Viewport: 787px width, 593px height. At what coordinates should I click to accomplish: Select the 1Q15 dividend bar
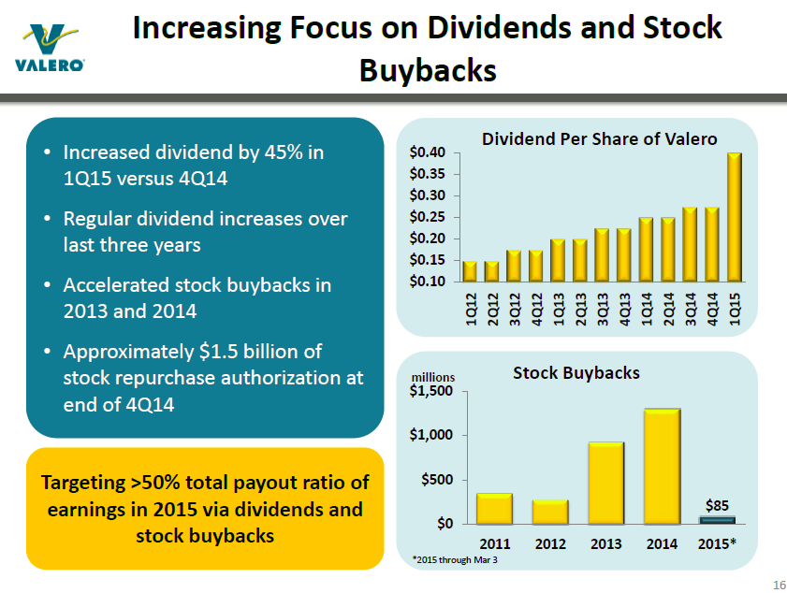click(735, 217)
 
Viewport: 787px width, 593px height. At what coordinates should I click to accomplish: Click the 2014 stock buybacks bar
click(662, 466)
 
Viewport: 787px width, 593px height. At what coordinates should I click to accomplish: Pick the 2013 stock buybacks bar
click(605, 483)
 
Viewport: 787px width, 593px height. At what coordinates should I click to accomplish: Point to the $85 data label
click(717, 505)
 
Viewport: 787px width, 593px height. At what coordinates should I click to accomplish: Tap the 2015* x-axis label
click(717, 542)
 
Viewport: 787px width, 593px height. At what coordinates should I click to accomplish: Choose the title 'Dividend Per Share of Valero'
click(599, 138)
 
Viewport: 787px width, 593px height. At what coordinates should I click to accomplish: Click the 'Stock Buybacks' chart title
click(576, 372)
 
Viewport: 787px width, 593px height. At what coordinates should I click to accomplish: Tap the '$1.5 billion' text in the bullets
click(253, 352)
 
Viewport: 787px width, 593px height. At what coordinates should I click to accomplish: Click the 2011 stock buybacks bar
click(494, 508)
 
